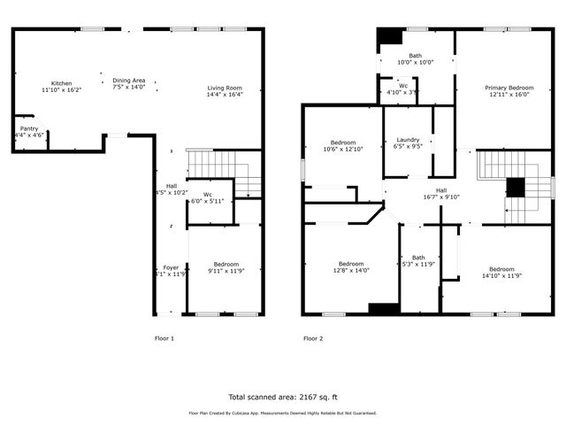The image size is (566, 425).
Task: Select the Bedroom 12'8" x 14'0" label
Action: click(x=350, y=267)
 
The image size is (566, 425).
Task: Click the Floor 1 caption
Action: click(x=164, y=338)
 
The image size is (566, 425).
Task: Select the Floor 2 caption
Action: click(x=313, y=338)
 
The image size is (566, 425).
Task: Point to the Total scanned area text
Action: click(x=282, y=397)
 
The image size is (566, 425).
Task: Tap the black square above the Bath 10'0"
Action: click(x=388, y=40)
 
